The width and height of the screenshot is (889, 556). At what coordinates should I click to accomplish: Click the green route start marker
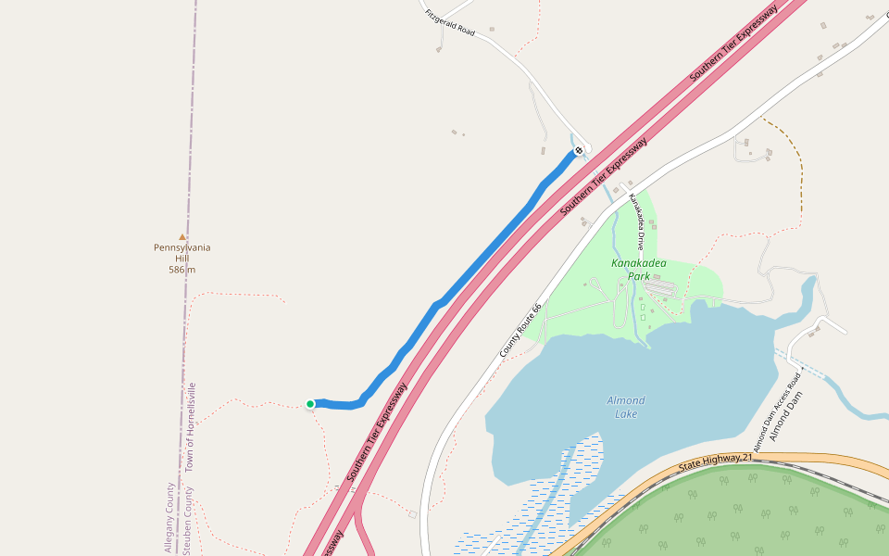tap(310, 404)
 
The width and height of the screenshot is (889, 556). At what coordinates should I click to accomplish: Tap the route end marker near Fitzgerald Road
tap(579, 150)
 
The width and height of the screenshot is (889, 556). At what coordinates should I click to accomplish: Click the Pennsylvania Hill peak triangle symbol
tap(182, 237)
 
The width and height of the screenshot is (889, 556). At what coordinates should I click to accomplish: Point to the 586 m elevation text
tap(182, 270)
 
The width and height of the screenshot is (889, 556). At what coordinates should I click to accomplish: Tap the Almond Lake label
tap(626, 406)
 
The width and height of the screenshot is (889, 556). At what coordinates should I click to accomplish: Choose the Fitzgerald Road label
tap(450, 23)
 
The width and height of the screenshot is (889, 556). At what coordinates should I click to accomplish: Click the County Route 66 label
tap(520, 331)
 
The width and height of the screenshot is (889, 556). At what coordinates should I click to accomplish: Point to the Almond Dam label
tap(790, 417)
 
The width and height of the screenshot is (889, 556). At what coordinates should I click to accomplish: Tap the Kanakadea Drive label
tap(636, 222)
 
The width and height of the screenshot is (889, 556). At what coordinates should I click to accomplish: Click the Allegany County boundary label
tap(169, 519)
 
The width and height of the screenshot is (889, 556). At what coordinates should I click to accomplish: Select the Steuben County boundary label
tap(187, 524)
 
